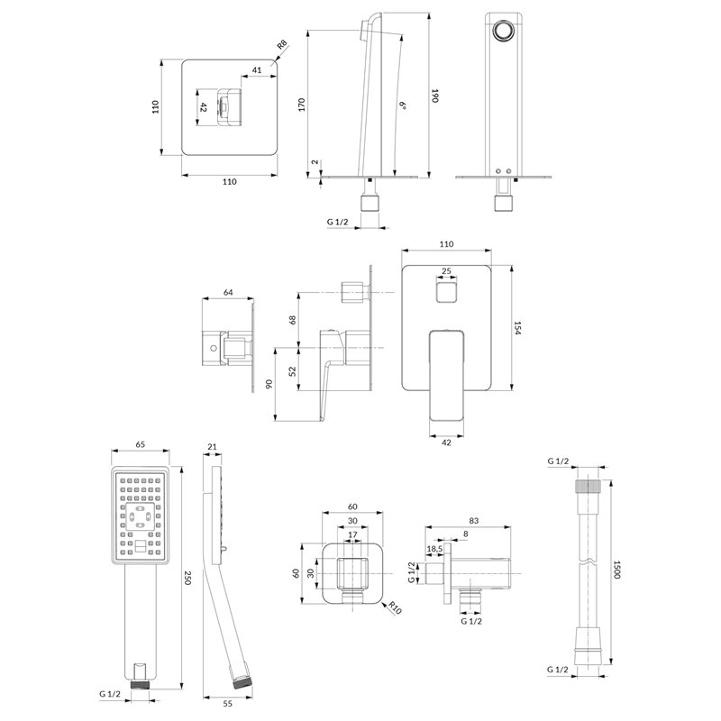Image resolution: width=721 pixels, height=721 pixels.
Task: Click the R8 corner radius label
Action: click(x=281, y=44)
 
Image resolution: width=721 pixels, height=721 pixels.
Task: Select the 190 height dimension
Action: click(x=434, y=96)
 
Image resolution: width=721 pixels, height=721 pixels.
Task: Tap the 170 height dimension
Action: click(x=302, y=105)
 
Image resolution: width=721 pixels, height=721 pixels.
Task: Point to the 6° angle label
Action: click(x=403, y=105)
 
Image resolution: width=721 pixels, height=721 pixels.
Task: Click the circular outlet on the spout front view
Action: click(x=504, y=32)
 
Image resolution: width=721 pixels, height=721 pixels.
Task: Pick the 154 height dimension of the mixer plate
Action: click(x=517, y=328)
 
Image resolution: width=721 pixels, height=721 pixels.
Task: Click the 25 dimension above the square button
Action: click(x=446, y=271)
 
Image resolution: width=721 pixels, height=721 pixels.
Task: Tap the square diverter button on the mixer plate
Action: click(x=446, y=292)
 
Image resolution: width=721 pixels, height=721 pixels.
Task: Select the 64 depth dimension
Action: click(x=228, y=292)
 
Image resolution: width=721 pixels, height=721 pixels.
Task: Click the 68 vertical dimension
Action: click(x=292, y=320)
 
